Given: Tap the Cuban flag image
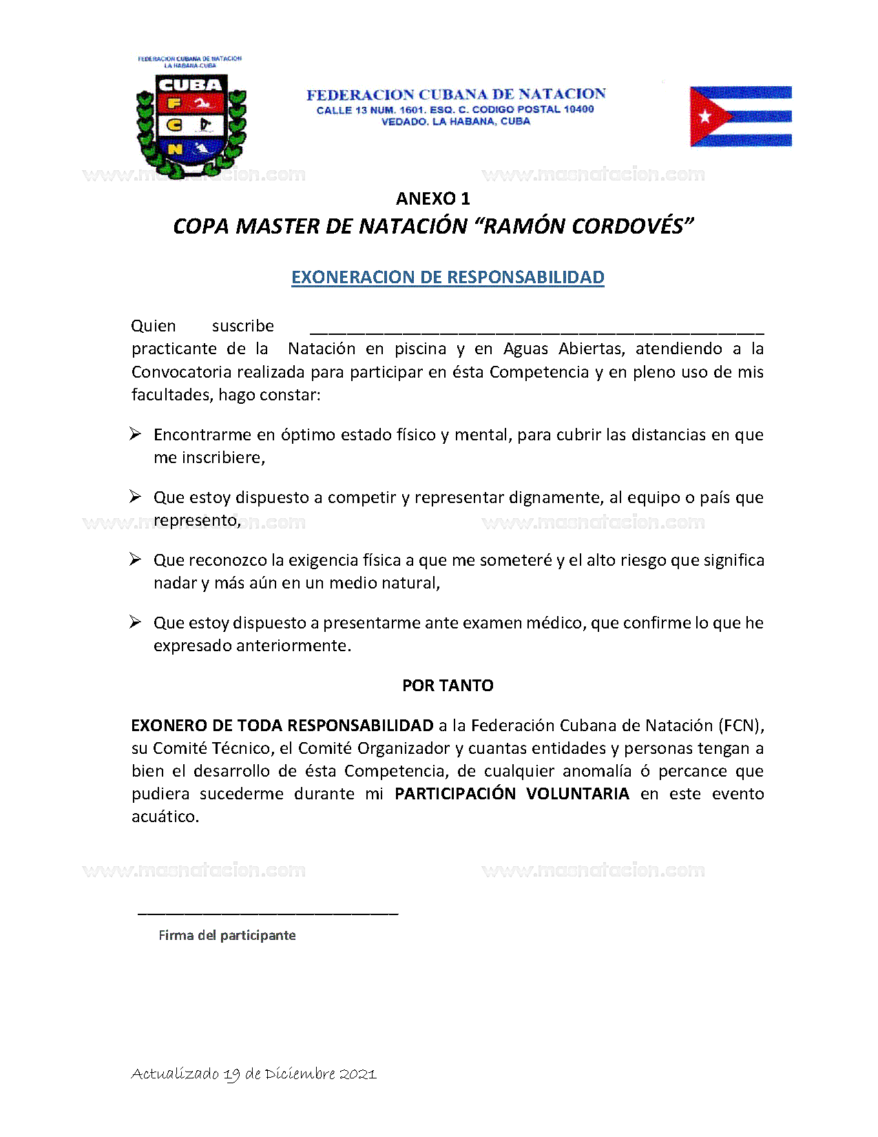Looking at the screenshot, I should coord(740,116).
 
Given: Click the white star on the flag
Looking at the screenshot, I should coord(704,116).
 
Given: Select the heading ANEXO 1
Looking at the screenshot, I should coord(432,198).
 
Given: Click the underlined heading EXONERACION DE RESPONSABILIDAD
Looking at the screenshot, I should coord(448,277).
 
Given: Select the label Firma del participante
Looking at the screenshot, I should coord(227,935).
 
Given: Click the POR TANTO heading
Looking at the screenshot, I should coord(448,686).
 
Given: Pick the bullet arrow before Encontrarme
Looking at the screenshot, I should coord(136,433).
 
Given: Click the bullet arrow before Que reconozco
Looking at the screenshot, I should coord(136,559).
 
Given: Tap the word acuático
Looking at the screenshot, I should coord(165,817).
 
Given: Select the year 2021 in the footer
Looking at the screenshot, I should coord(358,1074).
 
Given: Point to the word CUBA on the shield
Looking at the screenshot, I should coord(190,85).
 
